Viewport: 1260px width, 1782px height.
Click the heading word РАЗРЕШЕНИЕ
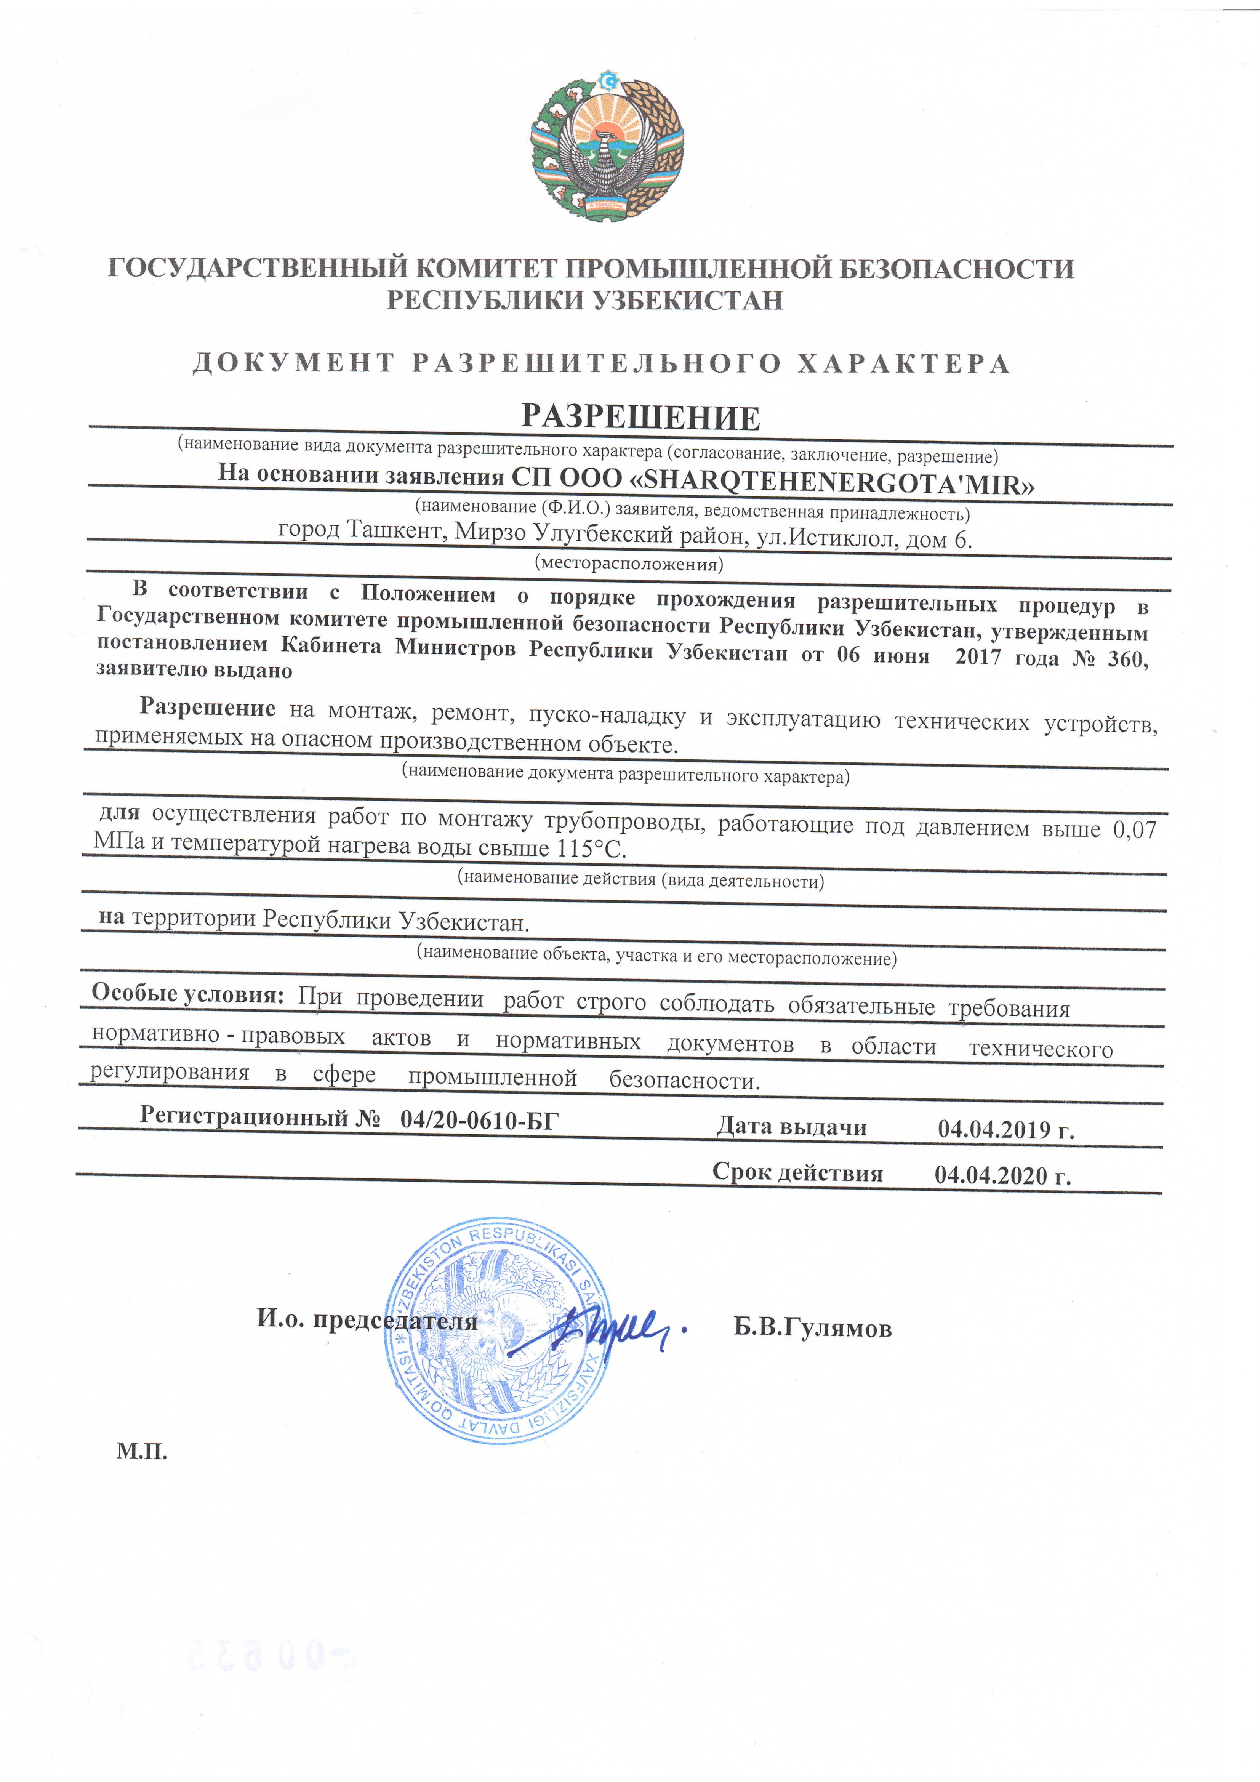[x=640, y=418]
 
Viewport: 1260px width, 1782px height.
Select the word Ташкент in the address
[x=396, y=530]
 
